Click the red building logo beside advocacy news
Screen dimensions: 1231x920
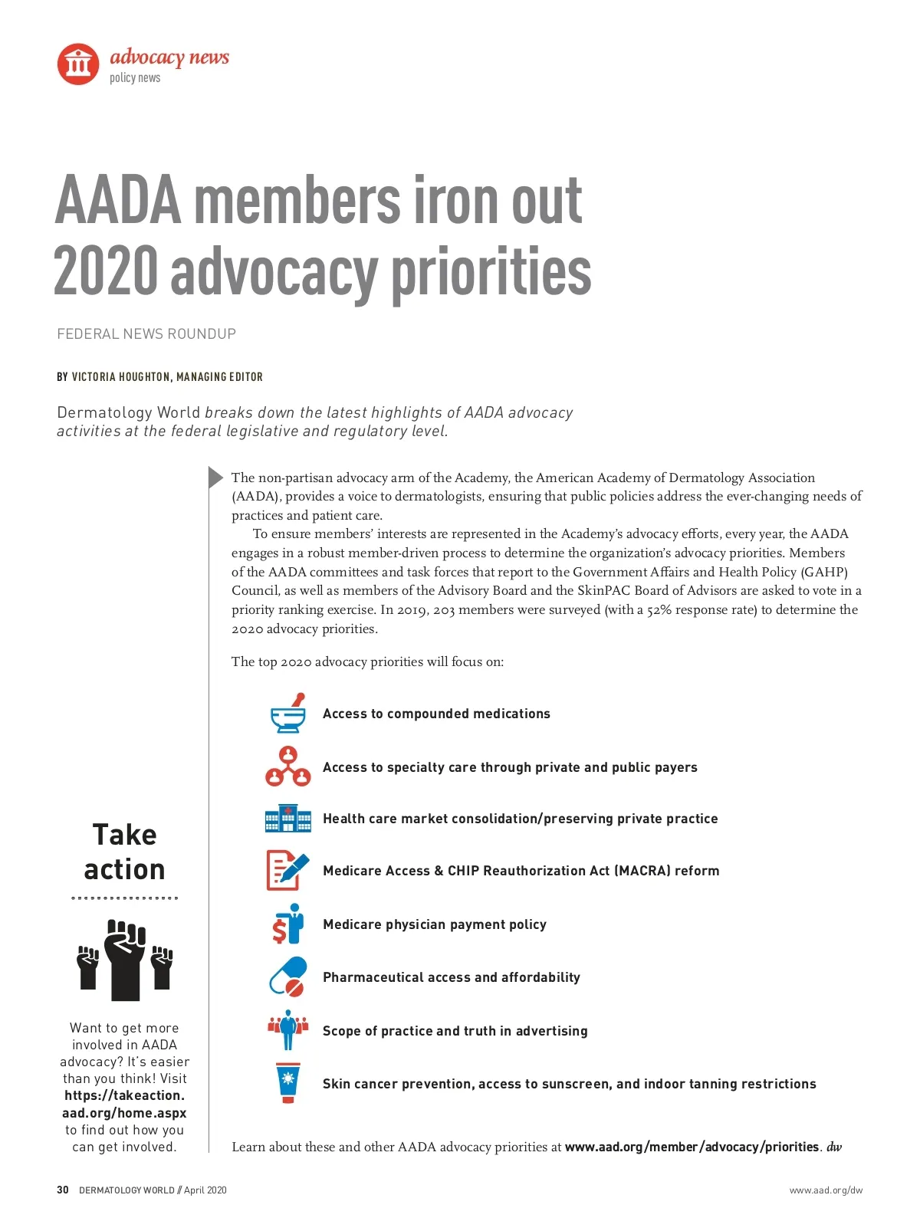78,64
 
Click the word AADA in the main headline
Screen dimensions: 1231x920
118,201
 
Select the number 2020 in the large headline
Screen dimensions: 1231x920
106,272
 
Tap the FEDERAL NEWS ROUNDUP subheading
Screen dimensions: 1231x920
146,334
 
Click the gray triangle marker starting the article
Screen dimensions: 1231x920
215,477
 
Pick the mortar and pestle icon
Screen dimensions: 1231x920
288,714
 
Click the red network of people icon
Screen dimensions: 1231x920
288,767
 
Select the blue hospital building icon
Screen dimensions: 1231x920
288,819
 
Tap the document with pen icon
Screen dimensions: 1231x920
287,871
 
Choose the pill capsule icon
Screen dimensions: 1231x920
288,977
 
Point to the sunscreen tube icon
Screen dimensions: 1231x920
288,1083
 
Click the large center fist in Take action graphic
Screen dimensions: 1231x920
125,959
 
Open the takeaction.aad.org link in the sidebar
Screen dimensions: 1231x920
124,1105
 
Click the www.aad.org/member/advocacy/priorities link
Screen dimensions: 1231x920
692,1147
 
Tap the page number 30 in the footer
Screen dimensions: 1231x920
63,1190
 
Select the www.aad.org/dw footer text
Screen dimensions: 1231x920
826,1190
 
